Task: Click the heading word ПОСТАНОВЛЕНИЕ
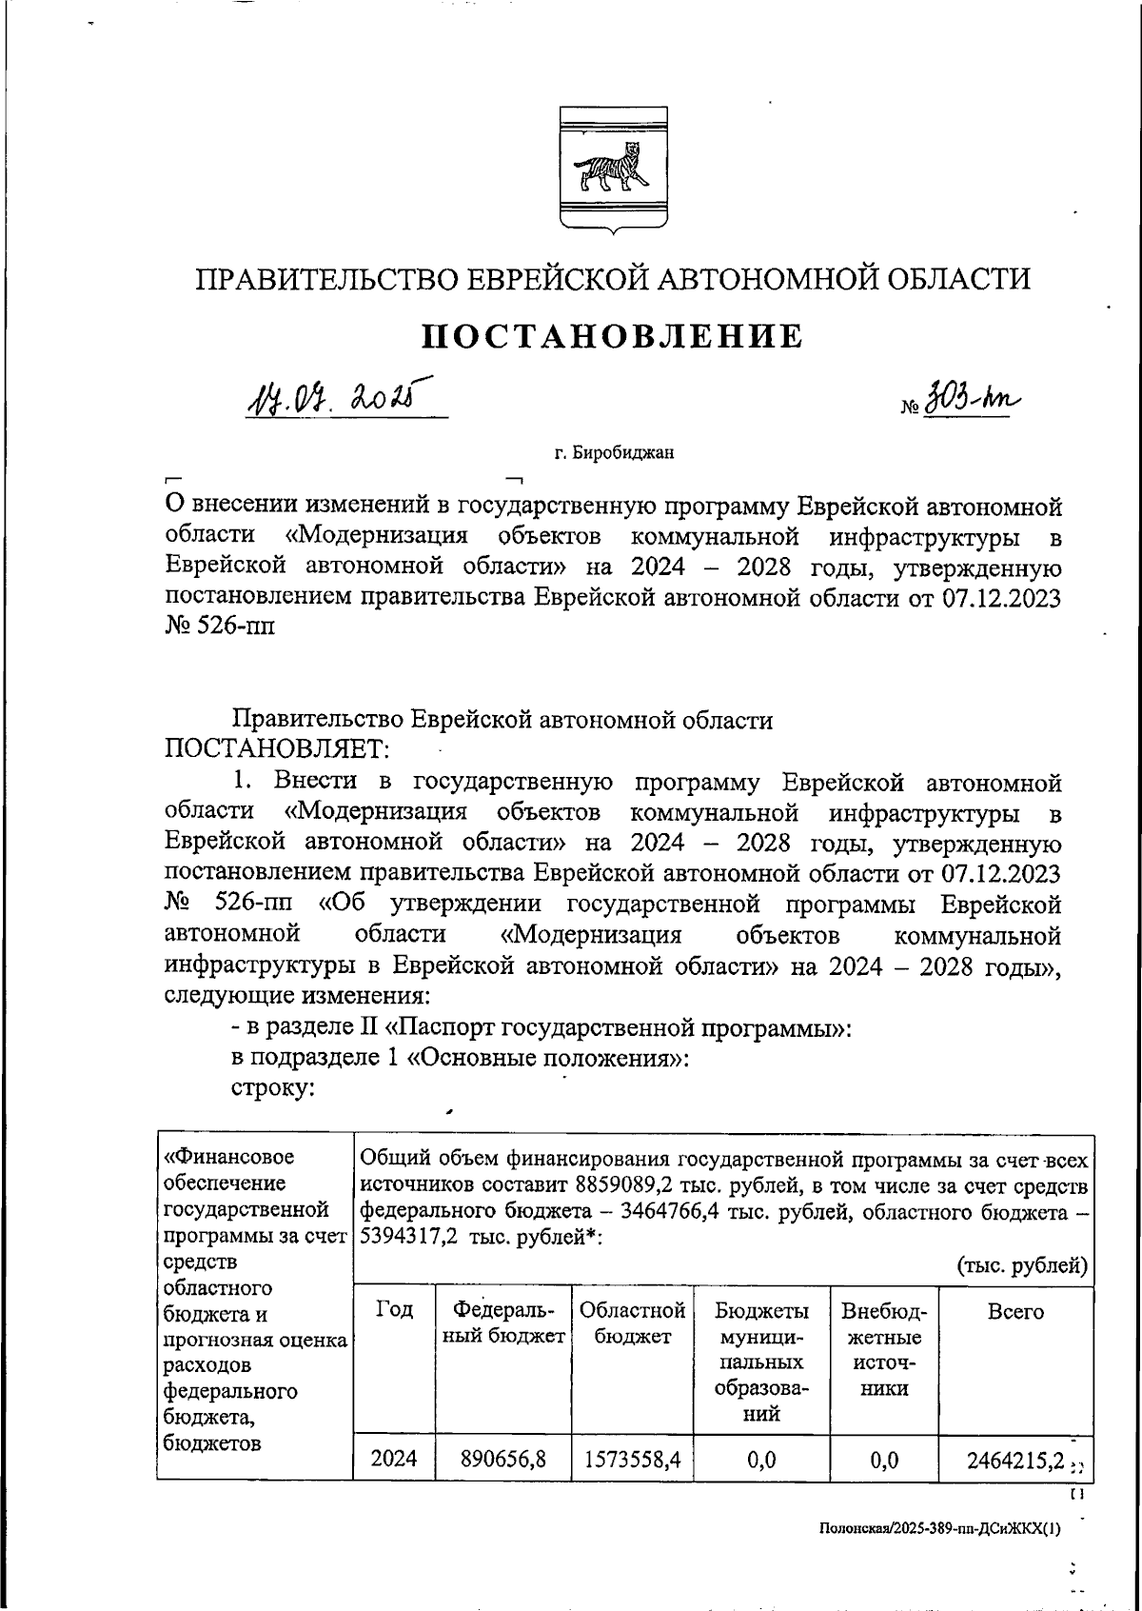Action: tap(612, 336)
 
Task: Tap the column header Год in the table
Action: tap(394, 1310)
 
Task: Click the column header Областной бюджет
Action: tap(632, 1323)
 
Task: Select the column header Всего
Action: tap(1015, 1311)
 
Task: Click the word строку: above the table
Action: tap(273, 1087)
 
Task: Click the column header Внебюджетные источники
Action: tap(883, 1348)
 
